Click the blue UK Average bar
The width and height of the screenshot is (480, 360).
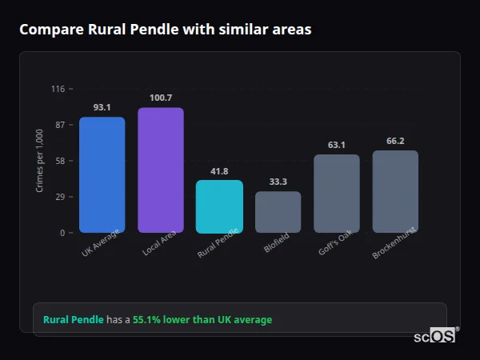point(102,175)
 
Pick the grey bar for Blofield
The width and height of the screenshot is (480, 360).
point(278,212)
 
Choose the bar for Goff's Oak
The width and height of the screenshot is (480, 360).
point(337,194)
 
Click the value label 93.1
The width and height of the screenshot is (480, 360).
point(102,107)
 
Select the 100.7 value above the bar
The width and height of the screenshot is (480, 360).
point(161,98)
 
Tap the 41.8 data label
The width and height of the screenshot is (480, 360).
point(219,171)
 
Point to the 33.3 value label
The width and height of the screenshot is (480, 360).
point(278,182)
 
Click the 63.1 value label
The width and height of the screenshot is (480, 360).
point(337,145)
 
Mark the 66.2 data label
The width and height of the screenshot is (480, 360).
point(395,141)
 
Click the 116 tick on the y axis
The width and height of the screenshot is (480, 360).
point(58,89)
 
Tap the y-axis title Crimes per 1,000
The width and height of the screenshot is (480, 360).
point(40,161)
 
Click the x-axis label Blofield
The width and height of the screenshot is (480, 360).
point(275,243)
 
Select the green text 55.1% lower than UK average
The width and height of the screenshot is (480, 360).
point(202,320)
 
